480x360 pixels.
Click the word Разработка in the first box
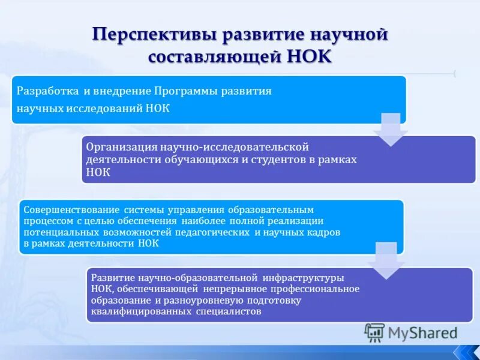(47, 91)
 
